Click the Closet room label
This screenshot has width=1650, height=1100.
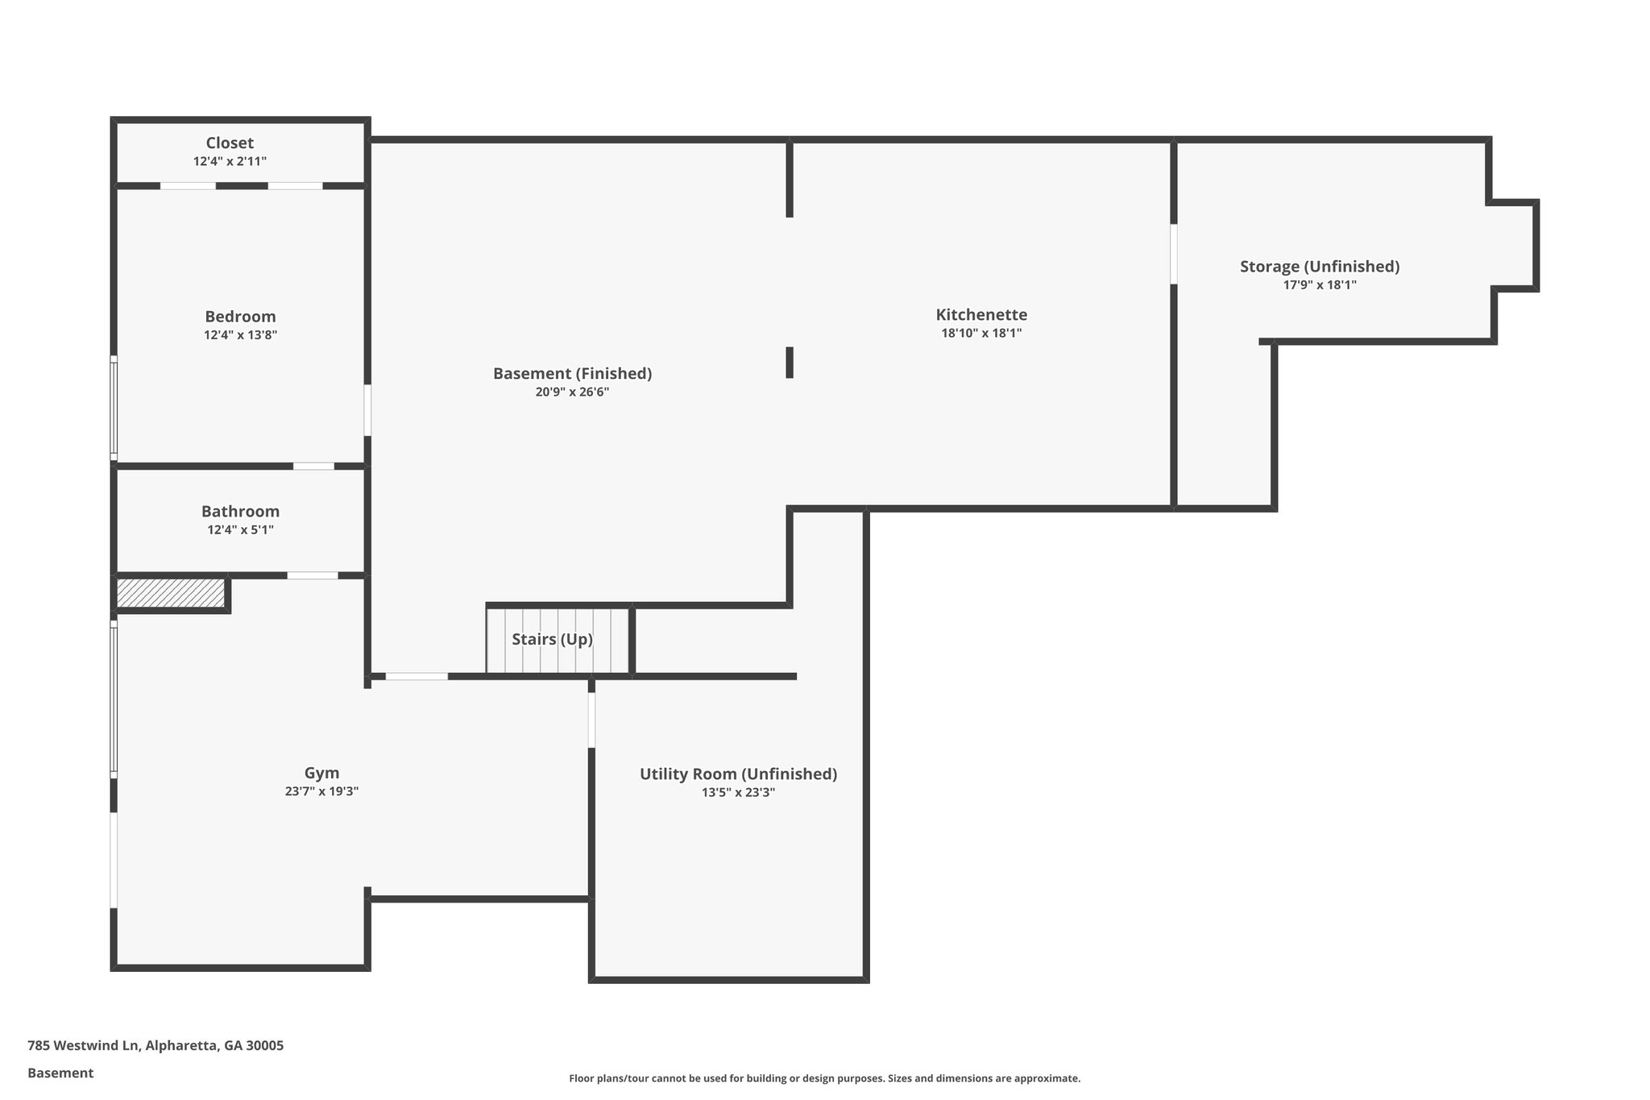pyautogui.click(x=230, y=143)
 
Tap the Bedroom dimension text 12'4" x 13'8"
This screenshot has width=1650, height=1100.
pyautogui.click(x=240, y=335)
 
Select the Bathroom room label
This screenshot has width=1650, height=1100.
pyautogui.click(x=240, y=511)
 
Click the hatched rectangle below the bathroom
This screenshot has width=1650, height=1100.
pyautogui.click(x=170, y=593)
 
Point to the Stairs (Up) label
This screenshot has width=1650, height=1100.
pyautogui.click(x=552, y=639)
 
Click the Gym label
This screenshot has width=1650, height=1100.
pyautogui.click(x=321, y=773)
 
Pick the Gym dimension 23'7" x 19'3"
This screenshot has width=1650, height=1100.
pyautogui.click(x=321, y=791)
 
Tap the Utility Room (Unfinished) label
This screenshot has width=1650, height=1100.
pyautogui.click(x=738, y=774)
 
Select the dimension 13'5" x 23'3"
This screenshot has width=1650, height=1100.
pyautogui.click(x=738, y=792)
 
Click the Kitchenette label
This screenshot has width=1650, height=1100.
pyautogui.click(x=981, y=314)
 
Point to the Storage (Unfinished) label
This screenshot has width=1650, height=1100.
pyautogui.click(x=1319, y=266)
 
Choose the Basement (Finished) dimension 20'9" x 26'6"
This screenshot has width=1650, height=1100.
pyautogui.click(x=572, y=392)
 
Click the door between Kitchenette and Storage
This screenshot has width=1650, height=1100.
pyautogui.click(x=1173, y=254)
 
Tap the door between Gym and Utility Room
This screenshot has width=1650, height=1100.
pyautogui.click(x=591, y=720)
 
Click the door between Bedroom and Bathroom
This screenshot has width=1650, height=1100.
pyautogui.click(x=313, y=466)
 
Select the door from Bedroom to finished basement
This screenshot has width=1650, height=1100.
pyautogui.click(x=367, y=410)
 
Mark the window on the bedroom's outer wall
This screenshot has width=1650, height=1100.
pyautogui.click(x=114, y=409)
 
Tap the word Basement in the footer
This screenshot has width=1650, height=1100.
pyautogui.click(x=60, y=1073)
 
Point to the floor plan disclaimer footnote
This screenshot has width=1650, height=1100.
pyautogui.click(x=824, y=1078)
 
